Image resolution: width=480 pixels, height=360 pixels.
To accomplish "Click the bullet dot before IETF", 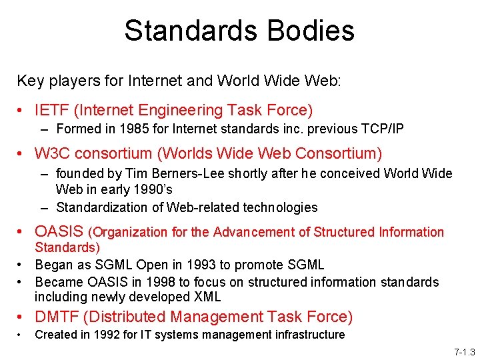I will (22, 111).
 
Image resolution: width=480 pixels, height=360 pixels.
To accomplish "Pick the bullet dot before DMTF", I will (22, 318).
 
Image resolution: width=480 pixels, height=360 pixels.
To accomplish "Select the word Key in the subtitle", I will (28, 81).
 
